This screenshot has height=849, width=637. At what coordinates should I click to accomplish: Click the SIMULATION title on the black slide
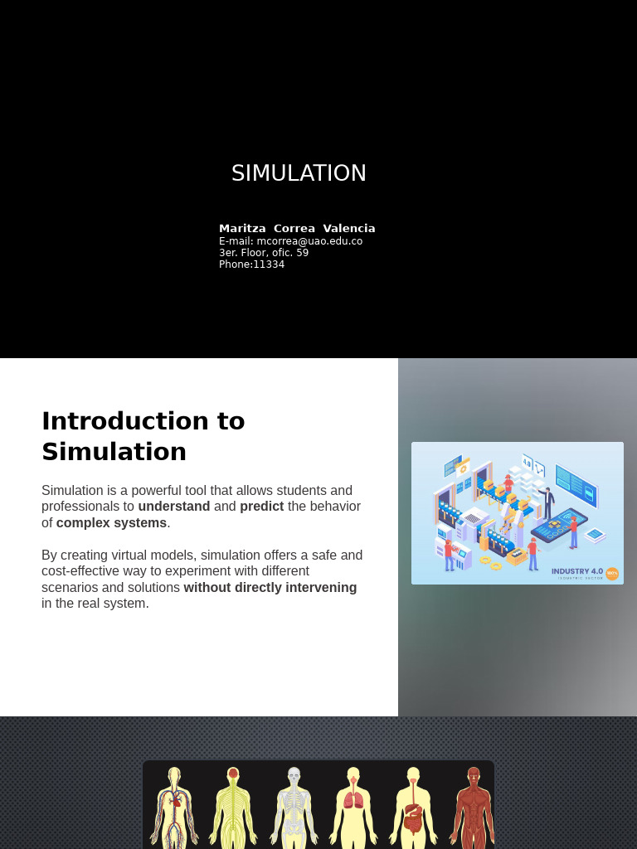pyautogui.click(x=299, y=173)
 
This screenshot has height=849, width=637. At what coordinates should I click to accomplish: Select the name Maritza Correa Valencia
pyautogui.click(x=297, y=228)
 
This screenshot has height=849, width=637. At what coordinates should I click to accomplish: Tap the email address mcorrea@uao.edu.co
pyautogui.click(x=309, y=241)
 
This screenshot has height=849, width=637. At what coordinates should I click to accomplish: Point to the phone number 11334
pyautogui.click(x=269, y=264)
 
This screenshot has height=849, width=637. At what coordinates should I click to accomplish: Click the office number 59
pyautogui.click(x=302, y=253)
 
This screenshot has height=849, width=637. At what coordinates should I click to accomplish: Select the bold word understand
pyautogui.click(x=173, y=507)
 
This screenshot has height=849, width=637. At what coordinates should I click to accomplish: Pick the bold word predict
pyautogui.click(x=261, y=507)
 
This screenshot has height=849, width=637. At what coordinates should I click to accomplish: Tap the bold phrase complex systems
pyautogui.click(x=111, y=523)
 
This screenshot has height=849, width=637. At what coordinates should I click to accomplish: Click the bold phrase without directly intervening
pyautogui.click(x=270, y=588)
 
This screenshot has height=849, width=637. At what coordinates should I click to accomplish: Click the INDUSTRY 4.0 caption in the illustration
pyautogui.click(x=577, y=571)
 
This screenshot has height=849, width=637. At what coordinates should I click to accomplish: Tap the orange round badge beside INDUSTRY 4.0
pyautogui.click(x=612, y=574)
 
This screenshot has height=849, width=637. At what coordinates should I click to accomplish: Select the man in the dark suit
pyautogui.click(x=547, y=502)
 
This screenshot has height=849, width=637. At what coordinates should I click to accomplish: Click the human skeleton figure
pyautogui.click(x=294, y=808)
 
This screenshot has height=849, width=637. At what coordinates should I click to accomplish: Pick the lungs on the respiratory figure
pyautogui.click(x=353, y=801)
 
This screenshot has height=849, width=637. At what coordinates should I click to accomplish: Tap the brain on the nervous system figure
pyautogui.click(x=233, y=774)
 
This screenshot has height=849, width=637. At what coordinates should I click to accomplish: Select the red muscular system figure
pyautogui.click(x=473, y=808)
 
